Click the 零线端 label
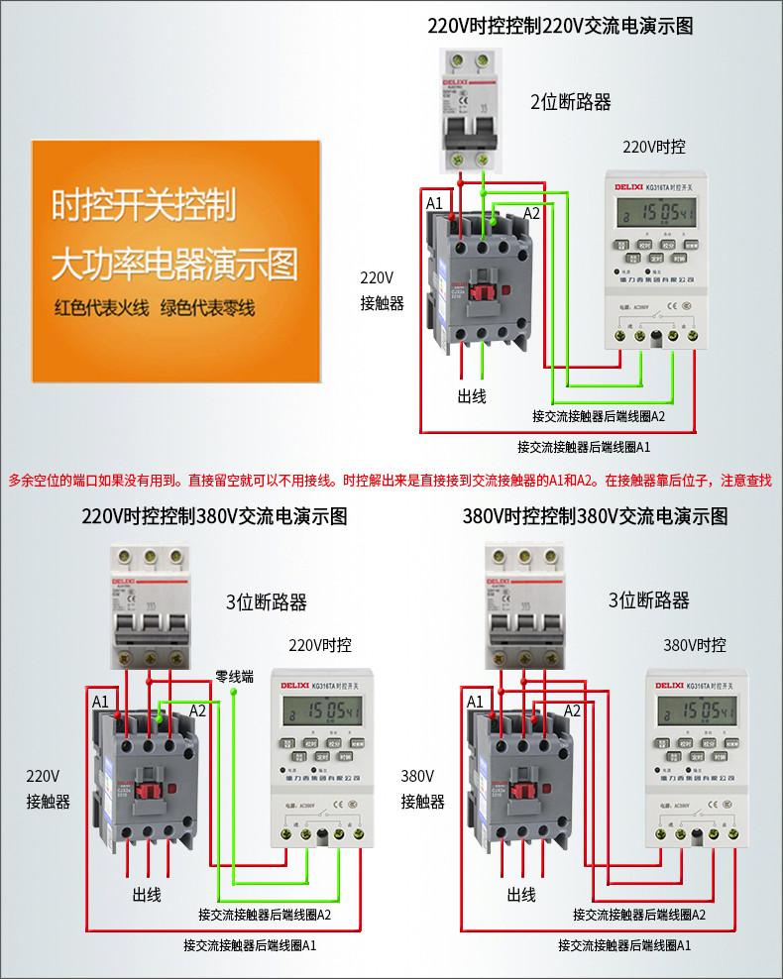(235, 677)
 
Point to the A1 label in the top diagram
(434, 203)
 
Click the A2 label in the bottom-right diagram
(572, 710)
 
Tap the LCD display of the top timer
(655, 213)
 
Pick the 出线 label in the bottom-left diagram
(147, 894)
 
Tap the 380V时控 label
(695, 645)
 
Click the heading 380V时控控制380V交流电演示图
(596, 516)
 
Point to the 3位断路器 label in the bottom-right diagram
(648, 600)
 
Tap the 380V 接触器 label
(422, 789)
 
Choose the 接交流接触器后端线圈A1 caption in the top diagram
(584, 447)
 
